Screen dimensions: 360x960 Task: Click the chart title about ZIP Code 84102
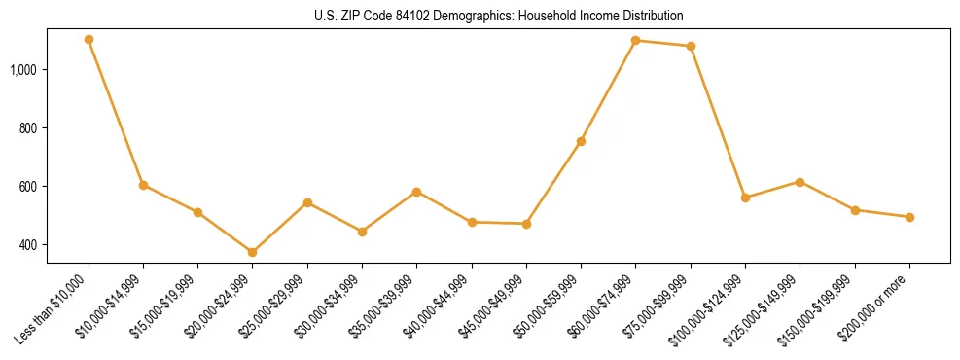tap(500, 16)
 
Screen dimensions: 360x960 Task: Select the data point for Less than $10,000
tap(89, 40)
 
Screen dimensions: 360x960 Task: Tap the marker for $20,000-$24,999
tap(253, 252)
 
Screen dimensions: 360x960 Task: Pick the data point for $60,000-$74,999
tap(635, 40)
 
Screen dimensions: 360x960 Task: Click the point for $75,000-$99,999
tap(691, 46)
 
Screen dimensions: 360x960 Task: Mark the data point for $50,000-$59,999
tap(581, 141)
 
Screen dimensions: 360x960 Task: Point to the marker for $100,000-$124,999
tap(745, 198)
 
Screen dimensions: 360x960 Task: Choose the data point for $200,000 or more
tap(909, 217)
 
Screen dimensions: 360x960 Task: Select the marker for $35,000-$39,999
tap(416, 192)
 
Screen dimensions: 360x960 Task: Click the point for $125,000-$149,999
tap(800, 182)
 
